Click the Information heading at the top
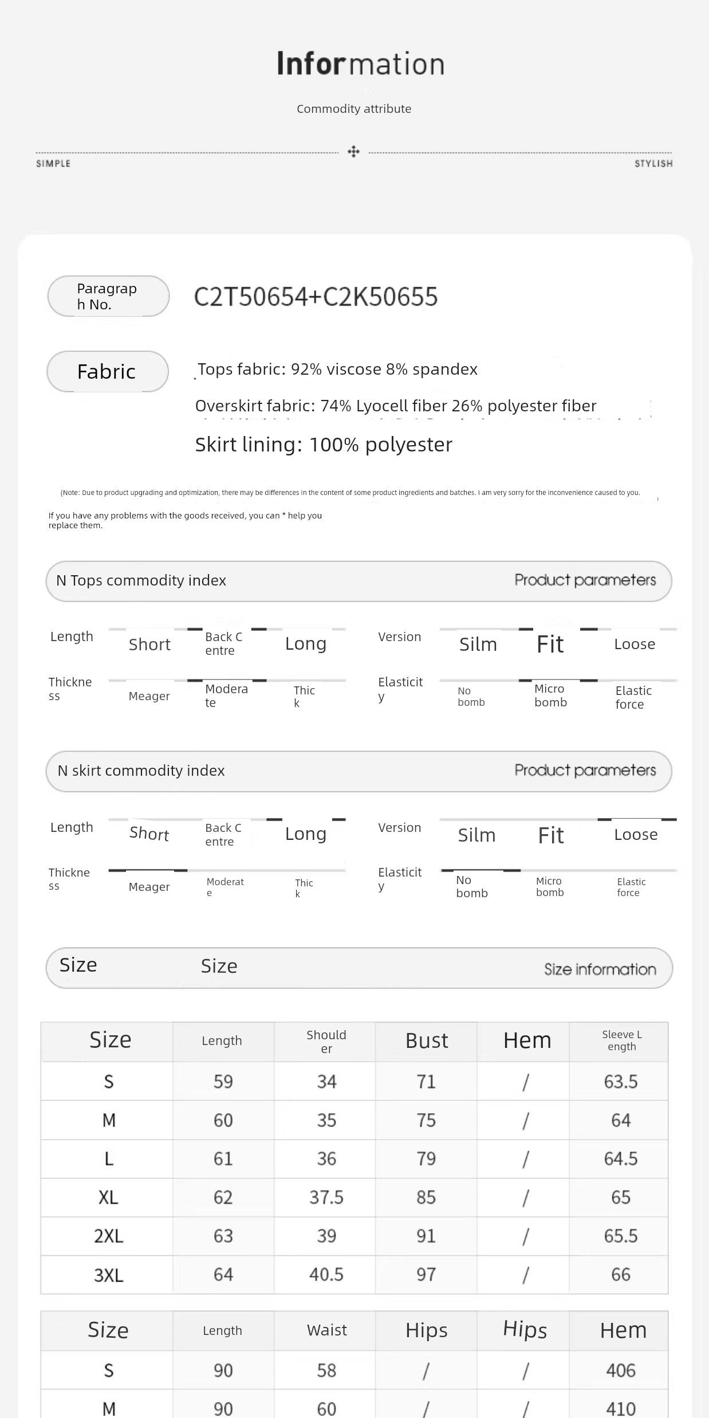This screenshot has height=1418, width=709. [x=360, y=64]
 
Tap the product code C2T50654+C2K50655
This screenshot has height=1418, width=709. [x=316, y=297]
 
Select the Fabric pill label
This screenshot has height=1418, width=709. [x=107, y=371]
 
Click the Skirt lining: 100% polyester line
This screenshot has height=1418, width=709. [x=324, y=445]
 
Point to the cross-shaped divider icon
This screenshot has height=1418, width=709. [x=353, y=152]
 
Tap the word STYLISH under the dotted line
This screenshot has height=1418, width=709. [x=653, y=164]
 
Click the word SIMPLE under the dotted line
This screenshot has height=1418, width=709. [x=53, y=164]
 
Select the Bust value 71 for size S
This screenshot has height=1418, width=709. [x=426, y=1082]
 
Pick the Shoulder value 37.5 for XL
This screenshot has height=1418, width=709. [x=326, y=1197]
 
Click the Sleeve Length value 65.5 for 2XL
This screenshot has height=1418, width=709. [x=620, y=1236]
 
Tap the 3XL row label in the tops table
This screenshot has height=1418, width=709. [x=108, y=1275]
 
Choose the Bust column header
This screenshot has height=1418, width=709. [x=427, y=1040]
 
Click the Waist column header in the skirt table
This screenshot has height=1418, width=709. [x=326, y=1330]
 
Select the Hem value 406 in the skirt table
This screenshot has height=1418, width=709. [x=620, y=1370]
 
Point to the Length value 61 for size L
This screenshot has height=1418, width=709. [x=223, y=1158]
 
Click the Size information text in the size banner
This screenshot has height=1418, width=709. [x=600, y=969]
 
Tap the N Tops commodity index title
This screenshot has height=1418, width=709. [x=141, y=580]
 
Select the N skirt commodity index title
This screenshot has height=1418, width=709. [x=141, y=771]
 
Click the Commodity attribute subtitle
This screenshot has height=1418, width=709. [x=354, y=109]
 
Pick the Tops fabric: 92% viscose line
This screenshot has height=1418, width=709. [x=337, y=369]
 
